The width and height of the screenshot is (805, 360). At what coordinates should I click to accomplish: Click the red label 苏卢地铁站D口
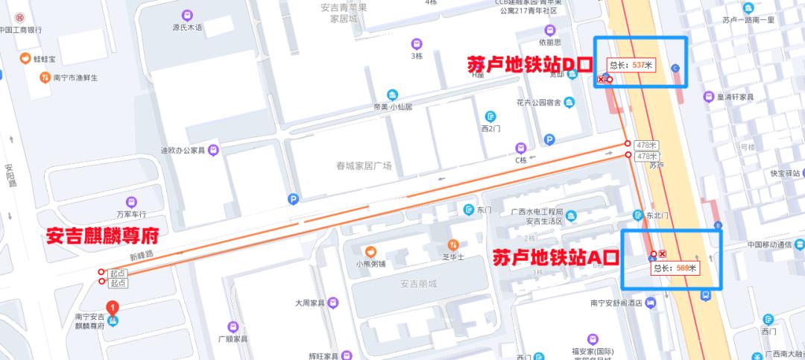pyautogui.click(x=528, y=64)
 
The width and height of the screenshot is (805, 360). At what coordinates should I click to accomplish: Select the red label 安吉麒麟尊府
pyautogui.click(x=103, y=236)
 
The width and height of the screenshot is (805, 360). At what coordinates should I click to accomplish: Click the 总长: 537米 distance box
pyautogui.click(x=631, y=66)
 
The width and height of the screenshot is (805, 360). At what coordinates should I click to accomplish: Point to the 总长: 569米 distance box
pyautogui.click(x=675, y=268)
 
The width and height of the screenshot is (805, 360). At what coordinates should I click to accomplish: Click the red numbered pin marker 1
pyautogui.click(x=113, y=306)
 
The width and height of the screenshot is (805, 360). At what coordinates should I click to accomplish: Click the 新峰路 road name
pyautogui.click(x=140, y=255)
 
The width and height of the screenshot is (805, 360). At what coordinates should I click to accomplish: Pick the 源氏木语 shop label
pyautogui.click(x=187, y=28)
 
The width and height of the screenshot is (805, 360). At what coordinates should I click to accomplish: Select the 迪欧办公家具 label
pyautogui.click(x=183, y=151)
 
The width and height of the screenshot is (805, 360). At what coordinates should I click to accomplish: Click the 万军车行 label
pyautogui.click(x=131, y=213)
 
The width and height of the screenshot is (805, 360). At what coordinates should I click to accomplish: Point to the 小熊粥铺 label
pyautogui.click(x=370, y=263)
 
